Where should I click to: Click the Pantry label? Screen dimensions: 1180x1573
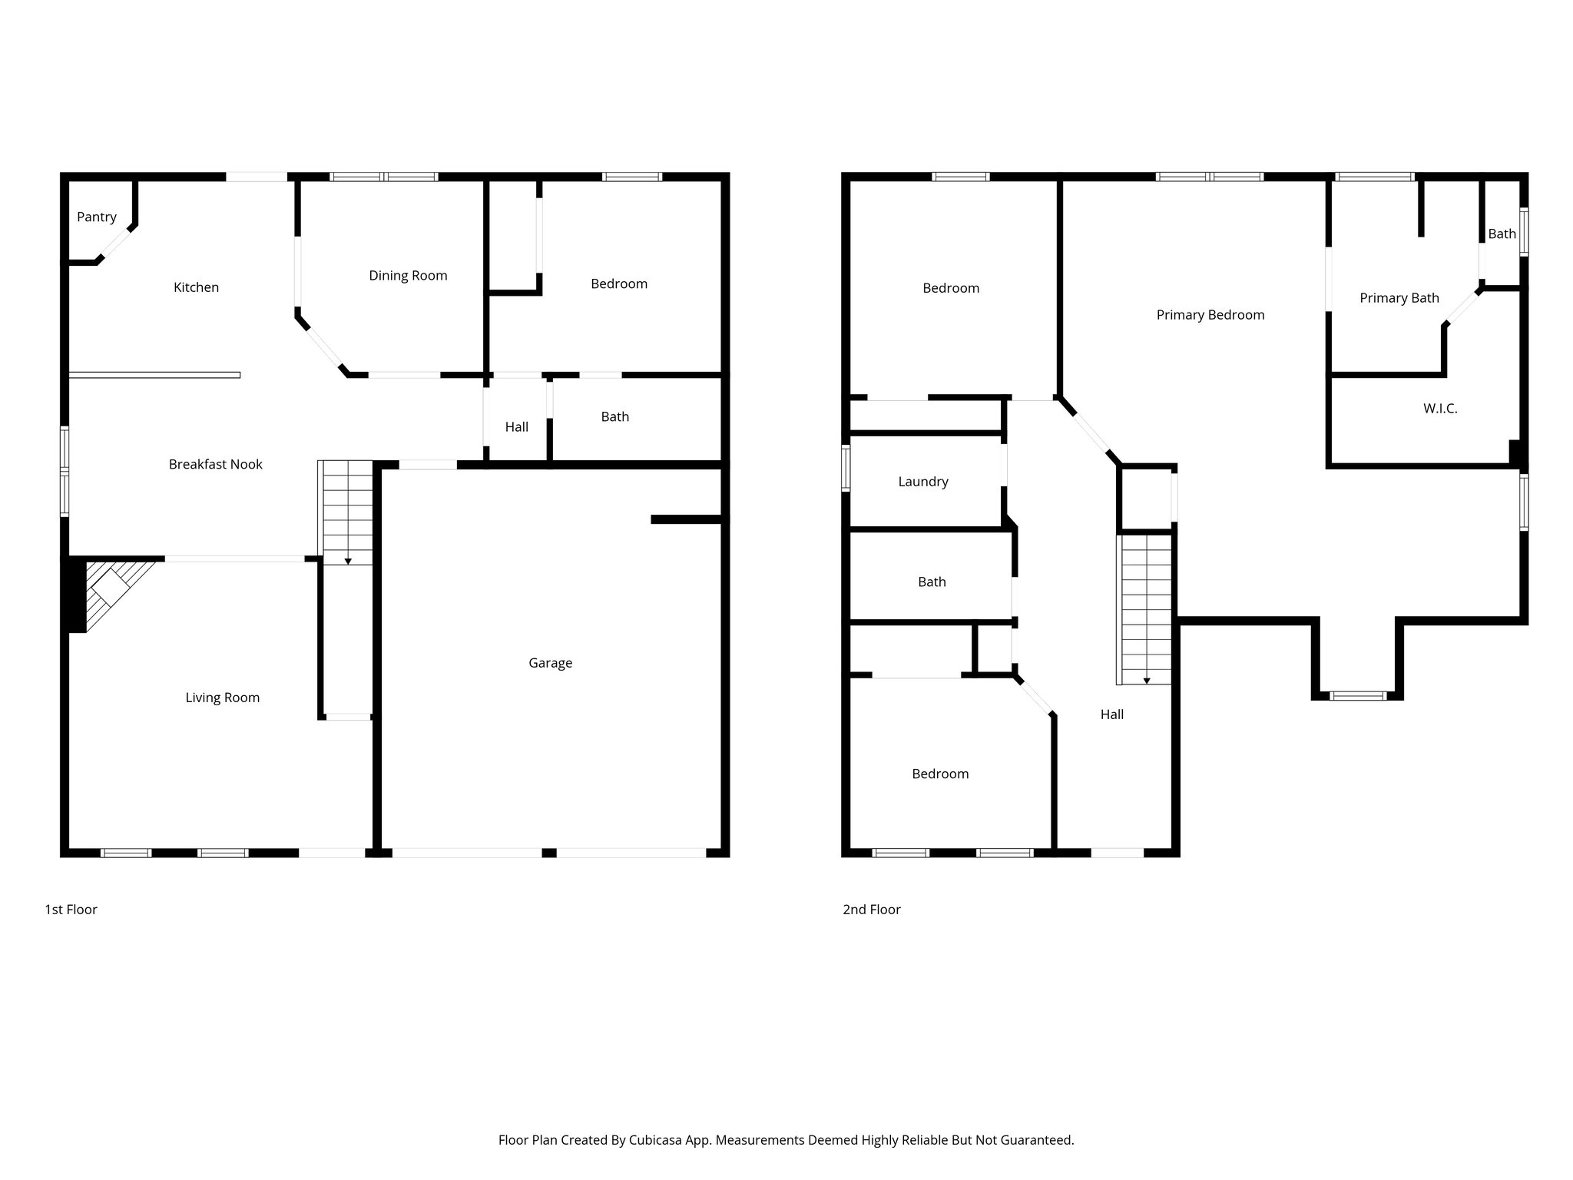click(97, 217)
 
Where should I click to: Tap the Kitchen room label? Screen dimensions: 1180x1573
click(196, 287)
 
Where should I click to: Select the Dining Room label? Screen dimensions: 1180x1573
click(408, 276)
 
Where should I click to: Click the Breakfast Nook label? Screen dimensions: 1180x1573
click(215, 464)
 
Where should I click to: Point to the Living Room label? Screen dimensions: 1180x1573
click(222, 698)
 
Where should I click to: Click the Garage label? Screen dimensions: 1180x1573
click(550, 663)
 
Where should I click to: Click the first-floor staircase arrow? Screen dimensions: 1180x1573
click(348, 561)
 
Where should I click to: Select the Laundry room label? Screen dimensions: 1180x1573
click(923, 482)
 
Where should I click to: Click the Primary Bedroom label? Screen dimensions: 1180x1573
click(1210, 315)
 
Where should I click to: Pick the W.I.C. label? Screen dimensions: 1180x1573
click(1439, 409)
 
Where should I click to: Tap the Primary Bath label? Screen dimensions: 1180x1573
click(1399, 298)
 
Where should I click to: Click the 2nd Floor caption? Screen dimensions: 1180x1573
click(871, 910)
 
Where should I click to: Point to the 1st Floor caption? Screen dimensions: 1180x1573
click(71, 910)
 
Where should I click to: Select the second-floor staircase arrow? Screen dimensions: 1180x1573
click(1147, 680)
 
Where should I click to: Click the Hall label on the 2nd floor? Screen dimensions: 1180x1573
click(1111, 714)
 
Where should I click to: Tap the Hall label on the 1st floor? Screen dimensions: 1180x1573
click(516, 427)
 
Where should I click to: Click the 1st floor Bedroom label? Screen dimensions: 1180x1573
click(618, 284)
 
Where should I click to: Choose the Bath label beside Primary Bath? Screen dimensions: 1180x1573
click(1502, 234)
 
